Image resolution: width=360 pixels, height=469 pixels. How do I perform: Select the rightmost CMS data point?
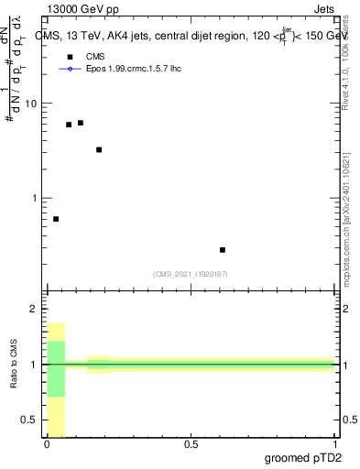point(223,249)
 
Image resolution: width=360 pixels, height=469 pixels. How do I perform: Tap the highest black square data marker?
point(81,123)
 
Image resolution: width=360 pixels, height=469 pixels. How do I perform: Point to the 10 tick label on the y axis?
point(31,104)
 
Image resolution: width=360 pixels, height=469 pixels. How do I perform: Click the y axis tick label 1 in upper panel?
point(34,198)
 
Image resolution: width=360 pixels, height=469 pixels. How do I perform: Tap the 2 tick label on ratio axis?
point(34,309)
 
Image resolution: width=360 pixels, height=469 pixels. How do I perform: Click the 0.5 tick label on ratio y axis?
point(29,420)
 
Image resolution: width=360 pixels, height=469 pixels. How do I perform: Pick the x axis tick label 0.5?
point(191,444)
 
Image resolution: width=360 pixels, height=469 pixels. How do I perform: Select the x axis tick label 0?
point(47,444)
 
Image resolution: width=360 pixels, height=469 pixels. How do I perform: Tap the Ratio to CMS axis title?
point(14,365)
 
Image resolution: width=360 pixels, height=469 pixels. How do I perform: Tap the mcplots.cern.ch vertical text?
point(345,229)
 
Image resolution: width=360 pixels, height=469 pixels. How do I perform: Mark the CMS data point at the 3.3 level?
point(99,149)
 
